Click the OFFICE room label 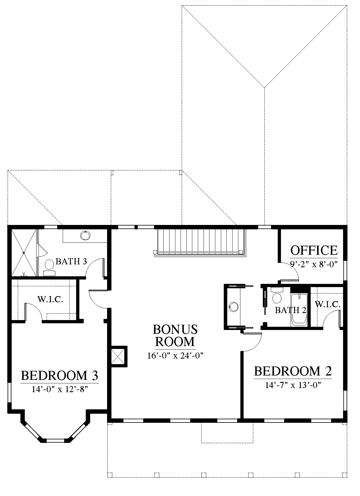pyautogui.click(x=314, y=250)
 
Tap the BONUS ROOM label pyautogui.click(x=175, y=336)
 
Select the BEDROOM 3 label pyautogui.click(x=60, y=376)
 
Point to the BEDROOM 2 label pyautogui.click(x=293, y=371)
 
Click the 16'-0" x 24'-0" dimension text pyautogui.click(x=175, y=355)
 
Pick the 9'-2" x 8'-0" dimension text pyautogui.click(x=314, y=264)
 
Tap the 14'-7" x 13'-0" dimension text pyautogui.click(x=293, y=385)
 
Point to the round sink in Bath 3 pyautogui.click(x=85, y=235)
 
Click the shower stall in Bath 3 pyautogui.click(x=23, y=253)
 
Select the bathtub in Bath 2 pyautogui.click(x=299, y=309)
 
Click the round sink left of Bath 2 pyautogui.click(x=234, y=307)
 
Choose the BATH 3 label pyautogui.click(x=71, y=261)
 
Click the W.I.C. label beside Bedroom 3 pyautogui.click(x=50, y=299)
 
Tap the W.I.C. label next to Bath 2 pyautogui.click(x=327, y=305)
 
